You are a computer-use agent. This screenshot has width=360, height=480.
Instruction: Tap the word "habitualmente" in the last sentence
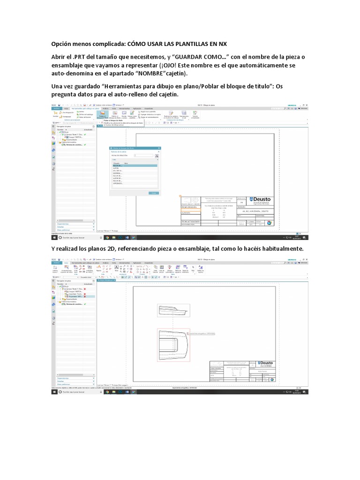point(280,248)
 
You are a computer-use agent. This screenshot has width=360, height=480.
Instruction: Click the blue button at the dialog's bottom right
point(153,193)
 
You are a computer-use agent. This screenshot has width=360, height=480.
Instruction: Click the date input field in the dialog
point(143,155)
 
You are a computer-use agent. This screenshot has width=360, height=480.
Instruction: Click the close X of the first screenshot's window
point(306,104)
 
